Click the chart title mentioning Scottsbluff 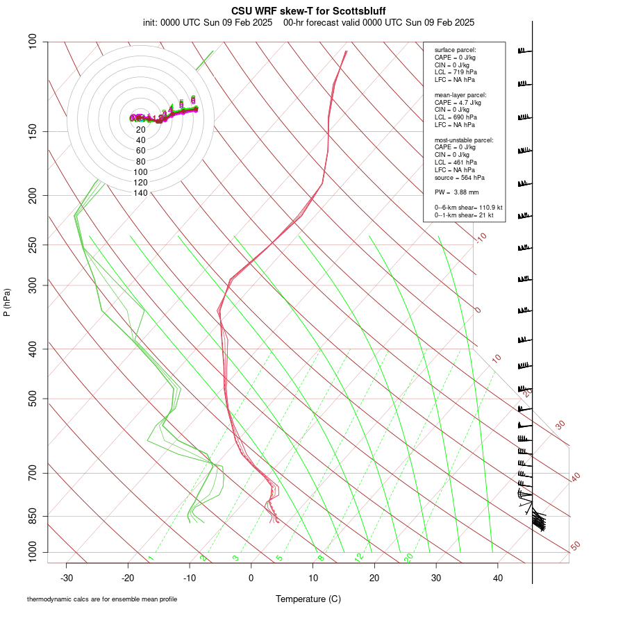308,11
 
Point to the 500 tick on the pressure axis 34,399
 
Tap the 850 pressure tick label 34,516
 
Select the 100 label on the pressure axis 34,42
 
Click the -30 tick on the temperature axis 67,578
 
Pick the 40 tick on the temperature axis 498,578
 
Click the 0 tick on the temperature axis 251,578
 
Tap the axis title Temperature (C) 308,599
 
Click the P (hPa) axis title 8,302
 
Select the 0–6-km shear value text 469,208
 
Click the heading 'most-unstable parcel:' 464,140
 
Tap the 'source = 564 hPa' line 458,178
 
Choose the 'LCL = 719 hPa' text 456,72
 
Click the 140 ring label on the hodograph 140,193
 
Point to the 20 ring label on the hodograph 140,130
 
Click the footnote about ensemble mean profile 102,599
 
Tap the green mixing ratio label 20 408,558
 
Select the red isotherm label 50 575,547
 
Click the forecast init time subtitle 308,22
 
